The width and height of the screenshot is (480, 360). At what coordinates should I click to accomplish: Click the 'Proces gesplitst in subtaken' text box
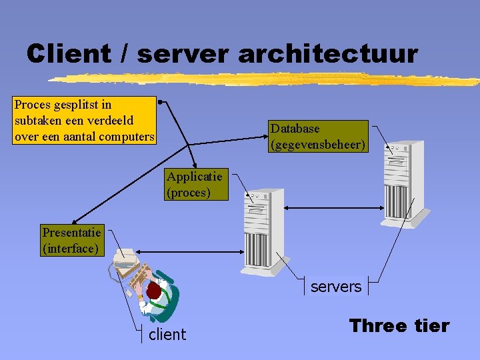pyautogui.click(x=85, y=121)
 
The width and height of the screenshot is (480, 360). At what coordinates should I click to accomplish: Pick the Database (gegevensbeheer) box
pyautogui.click(x=318, y=137)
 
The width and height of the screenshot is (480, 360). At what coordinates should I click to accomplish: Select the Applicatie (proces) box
pyautogui.click(x=197, y=185)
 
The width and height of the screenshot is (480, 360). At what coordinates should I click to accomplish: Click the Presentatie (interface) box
pyautogui.click(x=71, y=241)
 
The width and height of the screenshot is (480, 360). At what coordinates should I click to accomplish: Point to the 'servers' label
pyautogui.click(x=336, y=287)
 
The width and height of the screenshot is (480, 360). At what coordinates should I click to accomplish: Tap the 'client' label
pyautogui.click(x=167, y=335)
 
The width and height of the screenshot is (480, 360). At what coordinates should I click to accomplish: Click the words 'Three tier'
pyautogui.click(x=399, y=326)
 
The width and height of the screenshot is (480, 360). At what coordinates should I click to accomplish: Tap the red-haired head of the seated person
pyautogui.click(x=155, y=291)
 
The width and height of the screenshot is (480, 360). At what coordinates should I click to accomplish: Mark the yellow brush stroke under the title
pyautogui.click(x=267, y=80)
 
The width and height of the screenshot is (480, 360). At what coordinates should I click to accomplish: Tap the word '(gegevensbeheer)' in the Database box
pyautogui.click(x=318, y=143)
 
